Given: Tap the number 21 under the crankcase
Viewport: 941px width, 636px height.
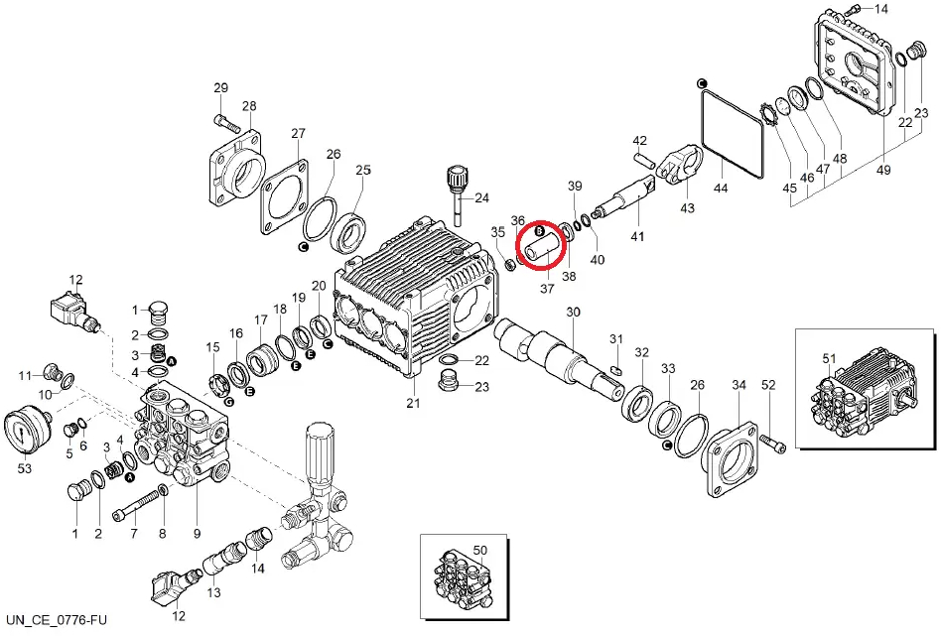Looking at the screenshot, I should coord(413,402).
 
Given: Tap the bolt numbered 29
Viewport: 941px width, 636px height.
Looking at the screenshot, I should coord(225,123).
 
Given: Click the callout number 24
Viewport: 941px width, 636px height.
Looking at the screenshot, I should coord(482,197).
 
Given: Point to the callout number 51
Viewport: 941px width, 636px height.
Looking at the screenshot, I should coord(830,357).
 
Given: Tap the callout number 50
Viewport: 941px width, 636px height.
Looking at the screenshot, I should coord(479,549).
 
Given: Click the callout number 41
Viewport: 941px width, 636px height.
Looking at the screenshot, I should coord(636,237).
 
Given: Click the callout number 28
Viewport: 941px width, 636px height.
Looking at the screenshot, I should coord(248,107).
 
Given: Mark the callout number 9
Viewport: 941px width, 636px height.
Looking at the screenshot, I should coord(197,535).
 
